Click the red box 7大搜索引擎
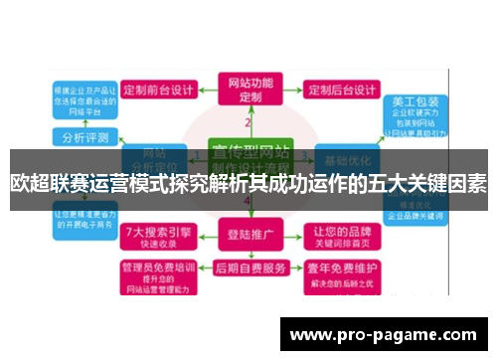click(160, 237)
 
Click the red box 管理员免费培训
click(160, 273)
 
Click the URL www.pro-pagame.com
click(383, 335)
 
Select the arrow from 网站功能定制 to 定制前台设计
click(210, 90)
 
